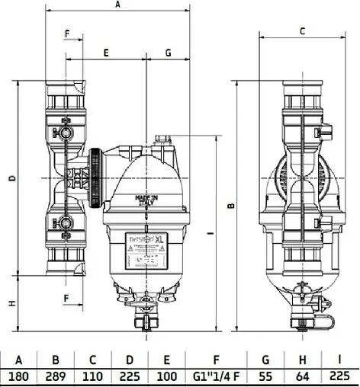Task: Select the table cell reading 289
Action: point(55,376)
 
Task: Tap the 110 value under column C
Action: point(92,376)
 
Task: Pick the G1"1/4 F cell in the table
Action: point(217,376)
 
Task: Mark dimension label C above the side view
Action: point(302,31)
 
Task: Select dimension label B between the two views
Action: point(231,204)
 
